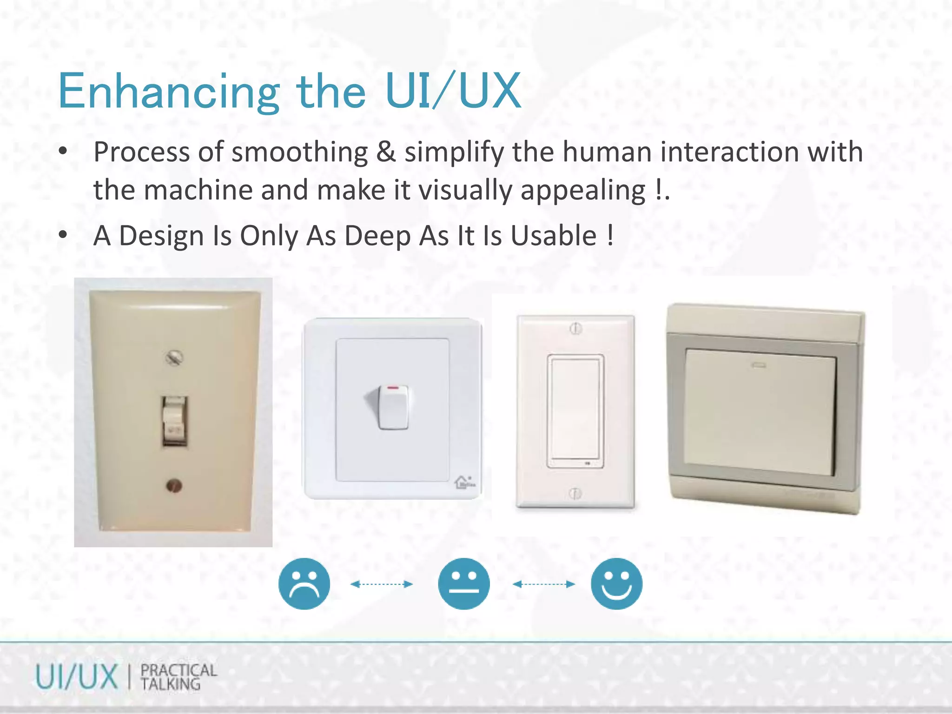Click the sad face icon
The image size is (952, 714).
pyautogui.click(x=304, y=583)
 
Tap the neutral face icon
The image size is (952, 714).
pyautogui.click(x=463, y=583)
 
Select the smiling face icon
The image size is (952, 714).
pyautogui.click(x=616, y=583)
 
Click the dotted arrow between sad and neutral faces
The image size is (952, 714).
pyautogui.click(x=382, y=584)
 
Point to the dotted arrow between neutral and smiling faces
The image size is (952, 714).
pyautogui.click(x=543, y=584)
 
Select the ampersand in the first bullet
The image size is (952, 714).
pyautogui.click(x=386, y=152)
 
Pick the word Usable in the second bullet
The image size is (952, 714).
pyautogui.click(x=553, y=236)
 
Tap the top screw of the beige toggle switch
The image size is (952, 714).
pyautogui.click(x=174, y=357)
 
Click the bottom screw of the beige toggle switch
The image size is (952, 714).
pyautogui.click(x=174, y=486)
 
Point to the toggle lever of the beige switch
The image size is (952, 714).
pyautogui.click(x=174, y=421)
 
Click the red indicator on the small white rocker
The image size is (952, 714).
pyautogui.click(x=394, y=387)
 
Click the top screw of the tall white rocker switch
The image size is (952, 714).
pyautogui.click(x=575, y=329)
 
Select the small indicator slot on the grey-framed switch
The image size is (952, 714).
pyautogui.click(x=759, y=365)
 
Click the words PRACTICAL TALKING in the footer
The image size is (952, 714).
pyautogui.click(x=178, y=677)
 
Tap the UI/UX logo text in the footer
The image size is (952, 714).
pyautogui.click(x=77, y=677)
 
